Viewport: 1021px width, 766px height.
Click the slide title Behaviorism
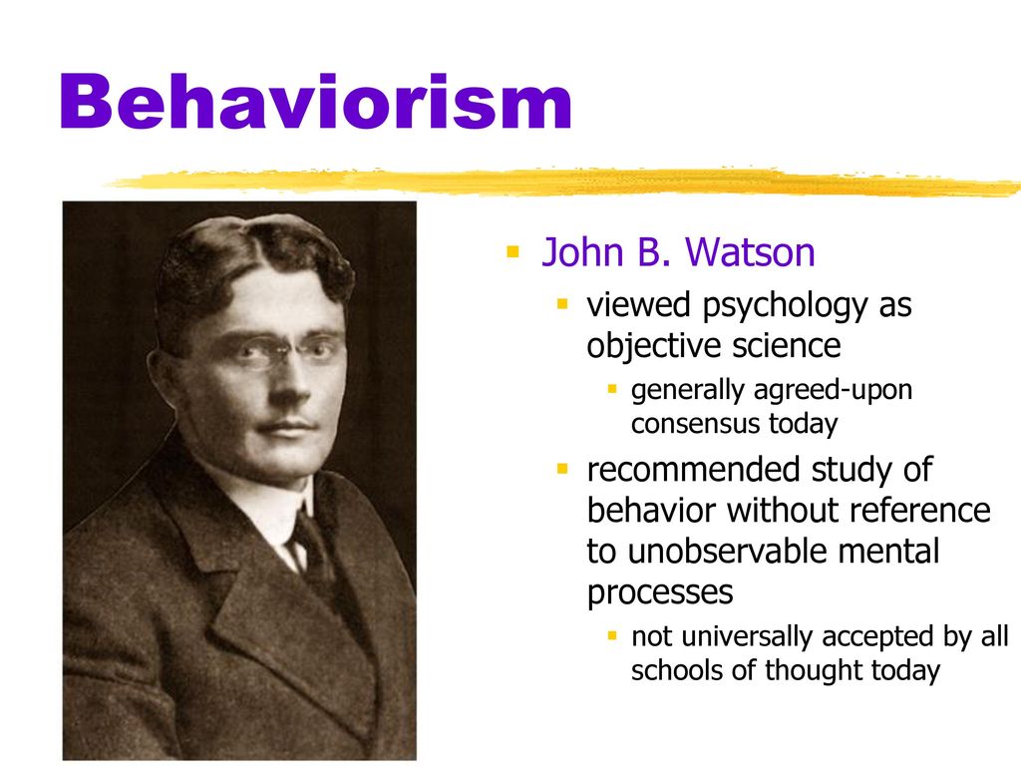(316, 103)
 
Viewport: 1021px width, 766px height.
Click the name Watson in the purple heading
(750, 252)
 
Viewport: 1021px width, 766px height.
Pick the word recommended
(694, 470)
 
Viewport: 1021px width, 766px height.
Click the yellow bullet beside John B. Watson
(513, 251)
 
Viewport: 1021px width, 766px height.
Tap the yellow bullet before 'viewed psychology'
(563, 304)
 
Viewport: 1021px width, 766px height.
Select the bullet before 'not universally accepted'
(612, 635)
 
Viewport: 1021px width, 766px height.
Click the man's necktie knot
(305, 526)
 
